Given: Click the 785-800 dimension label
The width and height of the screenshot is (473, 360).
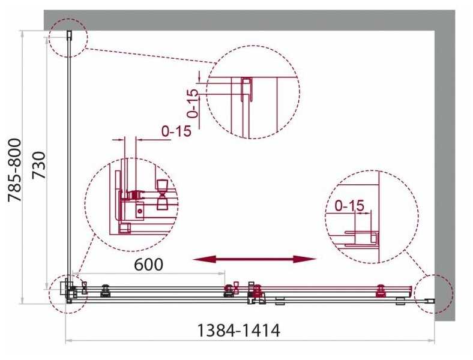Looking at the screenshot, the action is point(15,170).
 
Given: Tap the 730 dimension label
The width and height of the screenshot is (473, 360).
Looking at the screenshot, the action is point(39,166).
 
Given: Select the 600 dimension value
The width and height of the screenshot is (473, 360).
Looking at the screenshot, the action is point(148,265).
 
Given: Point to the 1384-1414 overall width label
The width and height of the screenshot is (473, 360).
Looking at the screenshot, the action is point(238,330).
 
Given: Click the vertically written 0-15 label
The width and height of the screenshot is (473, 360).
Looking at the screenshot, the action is point(193,103).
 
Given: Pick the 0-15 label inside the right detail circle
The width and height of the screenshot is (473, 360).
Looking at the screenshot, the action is point(349,206).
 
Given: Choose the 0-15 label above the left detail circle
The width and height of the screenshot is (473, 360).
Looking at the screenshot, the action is point(176,131).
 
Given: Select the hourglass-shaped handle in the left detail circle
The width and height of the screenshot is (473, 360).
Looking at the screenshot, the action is point(163,195).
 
